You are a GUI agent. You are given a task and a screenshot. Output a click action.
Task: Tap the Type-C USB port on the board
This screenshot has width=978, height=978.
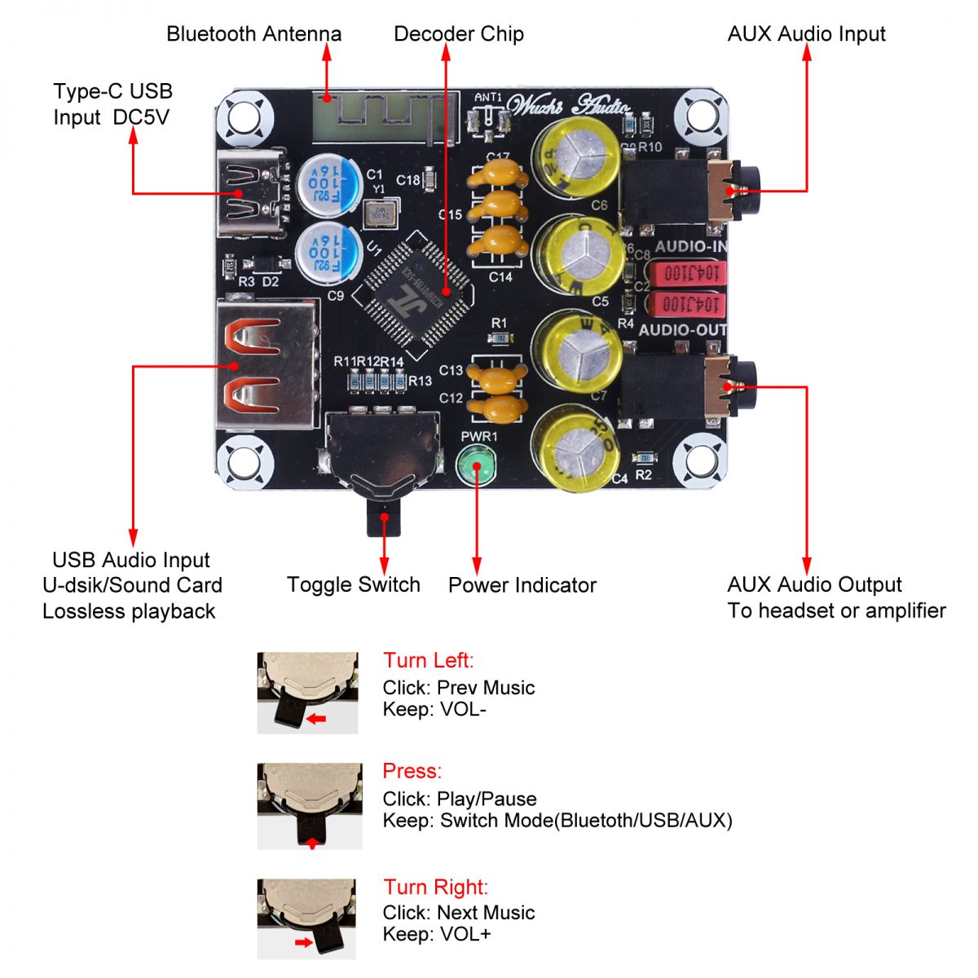click(250, 194)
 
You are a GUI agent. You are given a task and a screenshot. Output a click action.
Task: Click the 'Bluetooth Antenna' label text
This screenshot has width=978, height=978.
click(253, 34)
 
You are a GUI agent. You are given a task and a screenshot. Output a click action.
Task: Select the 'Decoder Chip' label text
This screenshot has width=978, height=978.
click(458, 34)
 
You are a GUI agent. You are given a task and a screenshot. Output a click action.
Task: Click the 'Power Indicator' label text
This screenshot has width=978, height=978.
click(522, 585)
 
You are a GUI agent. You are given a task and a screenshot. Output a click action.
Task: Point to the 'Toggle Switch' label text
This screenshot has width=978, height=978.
click(353, 584)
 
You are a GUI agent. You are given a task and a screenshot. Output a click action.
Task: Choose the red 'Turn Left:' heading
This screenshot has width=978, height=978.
click(428, 660)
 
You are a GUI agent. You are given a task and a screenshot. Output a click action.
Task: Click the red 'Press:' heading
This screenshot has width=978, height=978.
click(412, 771)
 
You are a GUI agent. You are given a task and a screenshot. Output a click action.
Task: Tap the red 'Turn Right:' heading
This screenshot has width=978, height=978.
click(435, 887)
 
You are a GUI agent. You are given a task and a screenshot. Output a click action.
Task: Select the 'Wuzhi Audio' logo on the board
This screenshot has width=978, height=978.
click(568, 105)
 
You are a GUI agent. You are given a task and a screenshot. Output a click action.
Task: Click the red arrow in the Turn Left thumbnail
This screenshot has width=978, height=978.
click(316, 718)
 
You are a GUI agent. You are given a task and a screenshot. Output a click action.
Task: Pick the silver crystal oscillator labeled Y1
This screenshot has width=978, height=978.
click(379, 214)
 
